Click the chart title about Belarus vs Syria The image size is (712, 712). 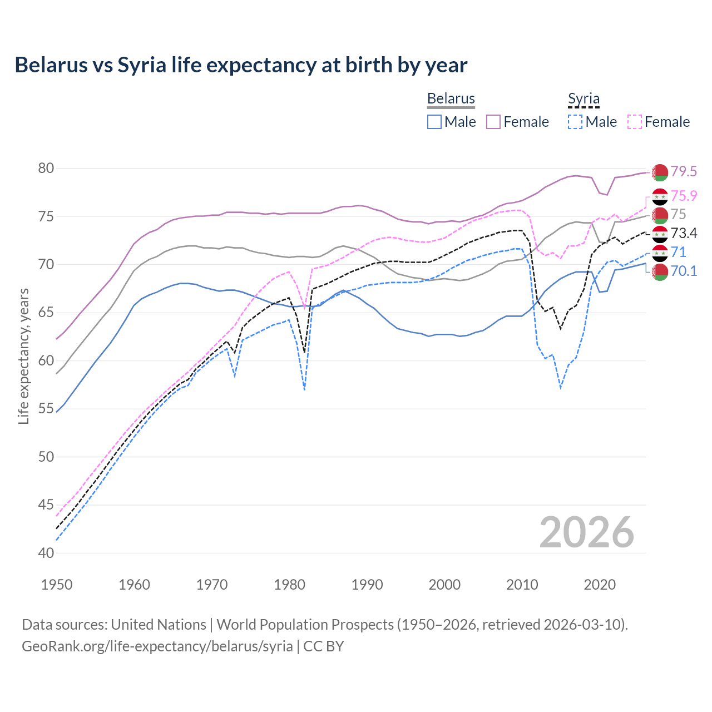[241, 65]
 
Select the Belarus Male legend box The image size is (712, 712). [434, 122]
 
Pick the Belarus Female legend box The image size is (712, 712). [493, 122]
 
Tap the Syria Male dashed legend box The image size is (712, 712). [575, 122]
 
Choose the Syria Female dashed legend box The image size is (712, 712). [635, 122]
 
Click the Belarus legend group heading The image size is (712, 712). [451, 98]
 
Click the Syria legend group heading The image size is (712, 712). [584, 98]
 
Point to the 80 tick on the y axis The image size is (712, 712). [46, 168]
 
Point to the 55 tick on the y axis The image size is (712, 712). [46, 409]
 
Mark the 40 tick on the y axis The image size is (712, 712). [46, 553]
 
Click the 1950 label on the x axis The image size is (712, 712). [57, 585]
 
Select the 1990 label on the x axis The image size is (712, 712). [367, 585]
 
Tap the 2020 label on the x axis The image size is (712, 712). [600, 585]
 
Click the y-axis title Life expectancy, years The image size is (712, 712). [23, 356]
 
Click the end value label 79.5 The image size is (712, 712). [684, 171]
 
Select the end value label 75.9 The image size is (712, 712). [684, 196]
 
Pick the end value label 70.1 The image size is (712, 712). [684, 271]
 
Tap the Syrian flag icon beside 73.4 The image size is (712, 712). [660, 234]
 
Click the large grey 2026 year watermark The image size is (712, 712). [587, 532]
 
